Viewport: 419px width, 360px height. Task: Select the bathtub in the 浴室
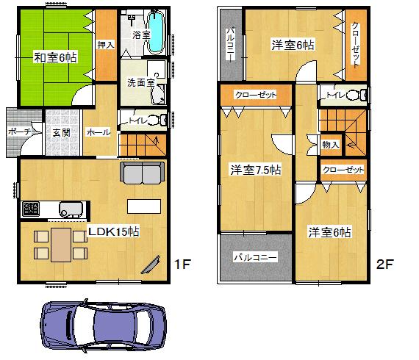(x=157, y=33)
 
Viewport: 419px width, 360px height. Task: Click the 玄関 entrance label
(x=61, y=132)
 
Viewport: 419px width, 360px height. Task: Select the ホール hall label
(x=99, y=132)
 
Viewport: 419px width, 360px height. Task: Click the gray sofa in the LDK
(x=143, y=173)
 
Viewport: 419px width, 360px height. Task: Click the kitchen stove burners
(x=31, y=209)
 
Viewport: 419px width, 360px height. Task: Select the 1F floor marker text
(x=182, y=264)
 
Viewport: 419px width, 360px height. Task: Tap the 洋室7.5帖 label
(x=255, y=170)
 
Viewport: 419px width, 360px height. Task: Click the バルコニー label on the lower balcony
(x=255, y=259)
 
